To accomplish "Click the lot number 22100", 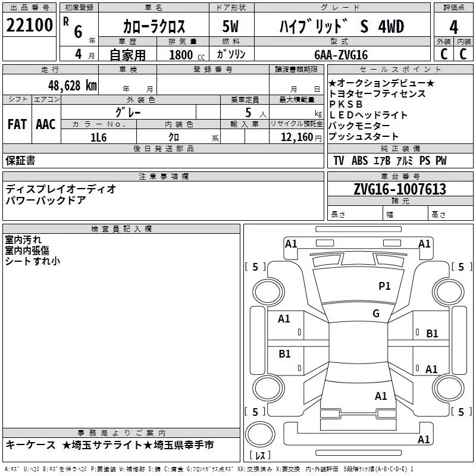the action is click(x=29, y=25).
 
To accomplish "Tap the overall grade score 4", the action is click(x=453, y=27).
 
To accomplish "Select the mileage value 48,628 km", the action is click(x=72, y=86).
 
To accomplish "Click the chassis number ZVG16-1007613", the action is click(x=400, y=189).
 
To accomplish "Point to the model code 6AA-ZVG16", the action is click(x=341, y=55).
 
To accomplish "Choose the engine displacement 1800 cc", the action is click(x=187, y=55).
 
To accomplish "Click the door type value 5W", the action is click(x=230, y=26).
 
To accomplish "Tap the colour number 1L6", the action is click(x=98, y=137).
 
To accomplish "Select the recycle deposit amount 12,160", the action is click(x=297, y=137).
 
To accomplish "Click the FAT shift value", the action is click(x=17, y=124).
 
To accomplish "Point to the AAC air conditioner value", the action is click(x=46, y=124).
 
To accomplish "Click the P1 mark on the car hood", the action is click(x=384, y=286).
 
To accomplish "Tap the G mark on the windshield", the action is click(x=376, y=313).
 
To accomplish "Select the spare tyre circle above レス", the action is click(x=260, y=434).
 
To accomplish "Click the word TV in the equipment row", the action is click(x=339, y=161).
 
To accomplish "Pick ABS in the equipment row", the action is click(x=359, y=161).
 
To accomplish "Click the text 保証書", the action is click(x=20, y=160).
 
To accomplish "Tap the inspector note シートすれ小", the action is click(x=33, y=261).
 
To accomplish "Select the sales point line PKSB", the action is click(x=346, y=104).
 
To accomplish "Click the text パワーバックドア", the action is click(x=46, y=201).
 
